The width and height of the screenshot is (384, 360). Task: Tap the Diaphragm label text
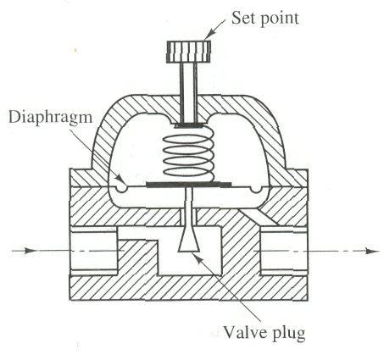tap(51, 118)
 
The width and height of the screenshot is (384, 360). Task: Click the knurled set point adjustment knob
tap(189, 52)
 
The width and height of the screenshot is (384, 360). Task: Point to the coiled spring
tap(189, 154)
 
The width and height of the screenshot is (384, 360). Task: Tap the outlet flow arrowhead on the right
tap(371, 251)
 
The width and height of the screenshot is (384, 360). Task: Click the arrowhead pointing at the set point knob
tap(209, 35)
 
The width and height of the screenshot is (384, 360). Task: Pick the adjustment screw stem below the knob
tap(189, 92)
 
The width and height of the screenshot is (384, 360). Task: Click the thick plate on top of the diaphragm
tap(189, 185)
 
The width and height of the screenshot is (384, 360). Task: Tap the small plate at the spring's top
tap(188, 125)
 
